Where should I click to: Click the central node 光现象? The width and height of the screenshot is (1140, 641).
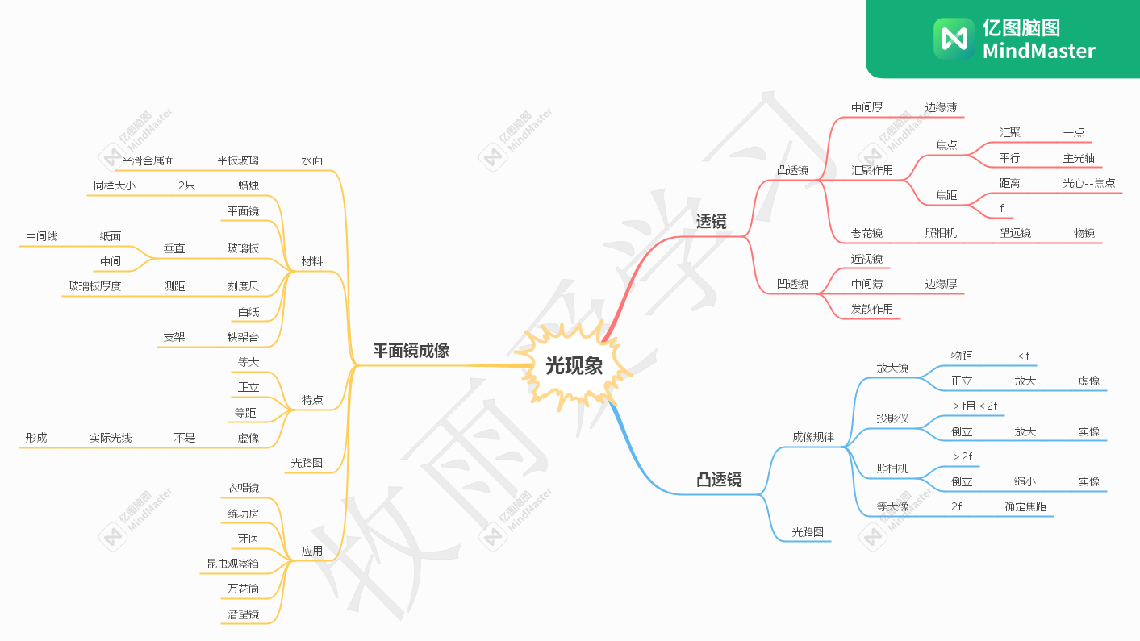(x=574, y=365)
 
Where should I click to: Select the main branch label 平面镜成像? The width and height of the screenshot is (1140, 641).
(x=411, y=351)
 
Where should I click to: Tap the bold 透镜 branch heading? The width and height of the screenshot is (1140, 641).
(x=711, y=221)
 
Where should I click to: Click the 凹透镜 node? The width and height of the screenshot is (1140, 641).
(x=792, y=283)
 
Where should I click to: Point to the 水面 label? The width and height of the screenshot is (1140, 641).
(x=312, y=160)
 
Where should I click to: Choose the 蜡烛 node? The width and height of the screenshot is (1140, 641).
(x=248, y=185)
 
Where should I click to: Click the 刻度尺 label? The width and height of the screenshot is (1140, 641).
(x=243, y=286)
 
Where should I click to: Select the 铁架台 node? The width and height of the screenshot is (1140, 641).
(x=243, y=337)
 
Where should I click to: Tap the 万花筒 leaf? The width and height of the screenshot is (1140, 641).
(x=243, y=589)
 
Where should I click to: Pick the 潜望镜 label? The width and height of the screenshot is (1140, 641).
(x=243, y=614)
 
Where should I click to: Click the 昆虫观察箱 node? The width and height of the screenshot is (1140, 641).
(x=232, y=563)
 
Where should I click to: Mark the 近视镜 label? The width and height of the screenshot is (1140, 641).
(x=866, y=259)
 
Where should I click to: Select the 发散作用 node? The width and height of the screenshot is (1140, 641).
(x=872, y=308)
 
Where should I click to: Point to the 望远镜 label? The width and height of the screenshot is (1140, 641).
(x=1015, y=233)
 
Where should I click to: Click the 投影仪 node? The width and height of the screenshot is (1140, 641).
(x=892, y=418)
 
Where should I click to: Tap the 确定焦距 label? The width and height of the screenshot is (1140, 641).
(x=1025, y=506)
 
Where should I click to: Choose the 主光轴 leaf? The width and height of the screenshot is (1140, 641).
(x=1079, y=158)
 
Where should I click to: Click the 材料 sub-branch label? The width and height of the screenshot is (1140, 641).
(x=312, y=261)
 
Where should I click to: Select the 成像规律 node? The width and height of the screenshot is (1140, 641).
(x=813, y=436)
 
